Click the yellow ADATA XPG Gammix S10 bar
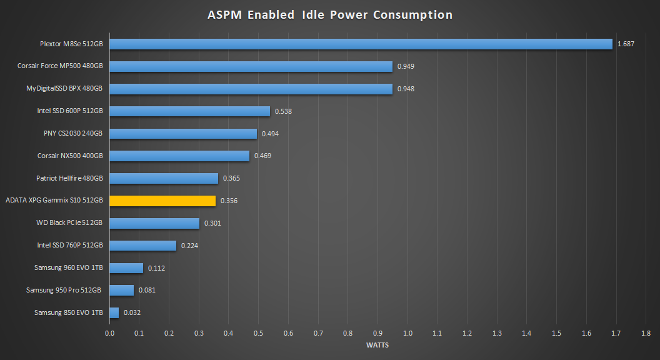coord(162,201)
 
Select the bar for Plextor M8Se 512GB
coord(361,44)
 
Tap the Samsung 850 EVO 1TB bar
coord(114,312)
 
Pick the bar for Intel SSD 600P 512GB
coord(189,111)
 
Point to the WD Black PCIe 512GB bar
coord(154,223)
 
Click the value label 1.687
coord(626,44)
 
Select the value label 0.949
coord(406,66)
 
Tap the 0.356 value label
coord(229,201)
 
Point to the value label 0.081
coord(147,290)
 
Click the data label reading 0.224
coord(189,246)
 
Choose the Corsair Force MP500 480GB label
coord(61,66)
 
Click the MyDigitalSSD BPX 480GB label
coord(64,89)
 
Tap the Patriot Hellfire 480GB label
coord(69,179)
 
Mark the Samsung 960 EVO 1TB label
coord(69,268)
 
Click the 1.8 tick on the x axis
coord(646,333)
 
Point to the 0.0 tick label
coord(109,333)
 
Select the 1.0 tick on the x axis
coord(407,333)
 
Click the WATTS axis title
coord(377,345)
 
